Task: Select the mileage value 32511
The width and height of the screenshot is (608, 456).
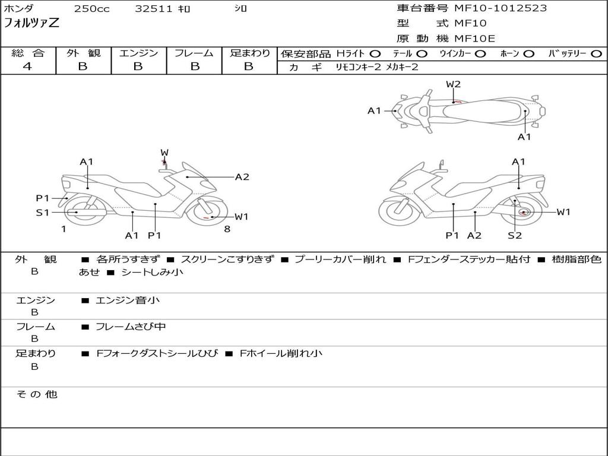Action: point(153,9)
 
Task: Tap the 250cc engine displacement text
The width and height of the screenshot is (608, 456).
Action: point(91,9)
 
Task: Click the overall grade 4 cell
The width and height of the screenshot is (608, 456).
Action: point(27,66)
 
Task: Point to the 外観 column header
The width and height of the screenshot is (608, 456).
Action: point(83,53)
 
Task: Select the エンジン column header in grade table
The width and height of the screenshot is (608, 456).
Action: point(138,53)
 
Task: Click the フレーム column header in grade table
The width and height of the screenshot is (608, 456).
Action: point(194,53)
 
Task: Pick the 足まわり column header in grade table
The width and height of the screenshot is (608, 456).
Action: point(249,53)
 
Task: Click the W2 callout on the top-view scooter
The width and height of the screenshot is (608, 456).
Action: point(453,84)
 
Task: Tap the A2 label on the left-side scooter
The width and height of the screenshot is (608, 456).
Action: point(242,176)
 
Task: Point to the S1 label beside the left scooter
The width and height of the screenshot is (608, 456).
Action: point(43,212)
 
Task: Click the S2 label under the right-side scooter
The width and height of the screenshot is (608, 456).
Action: point(514,235)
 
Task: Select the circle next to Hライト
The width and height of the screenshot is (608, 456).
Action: point(375,54)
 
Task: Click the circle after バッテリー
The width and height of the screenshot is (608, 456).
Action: point(596,54)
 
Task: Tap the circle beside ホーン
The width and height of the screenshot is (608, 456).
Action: point(528,54)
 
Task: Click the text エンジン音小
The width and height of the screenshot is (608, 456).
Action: point(128,300)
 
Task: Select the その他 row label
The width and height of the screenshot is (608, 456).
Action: point(36,394)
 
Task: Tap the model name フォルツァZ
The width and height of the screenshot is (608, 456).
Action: point(31,24)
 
